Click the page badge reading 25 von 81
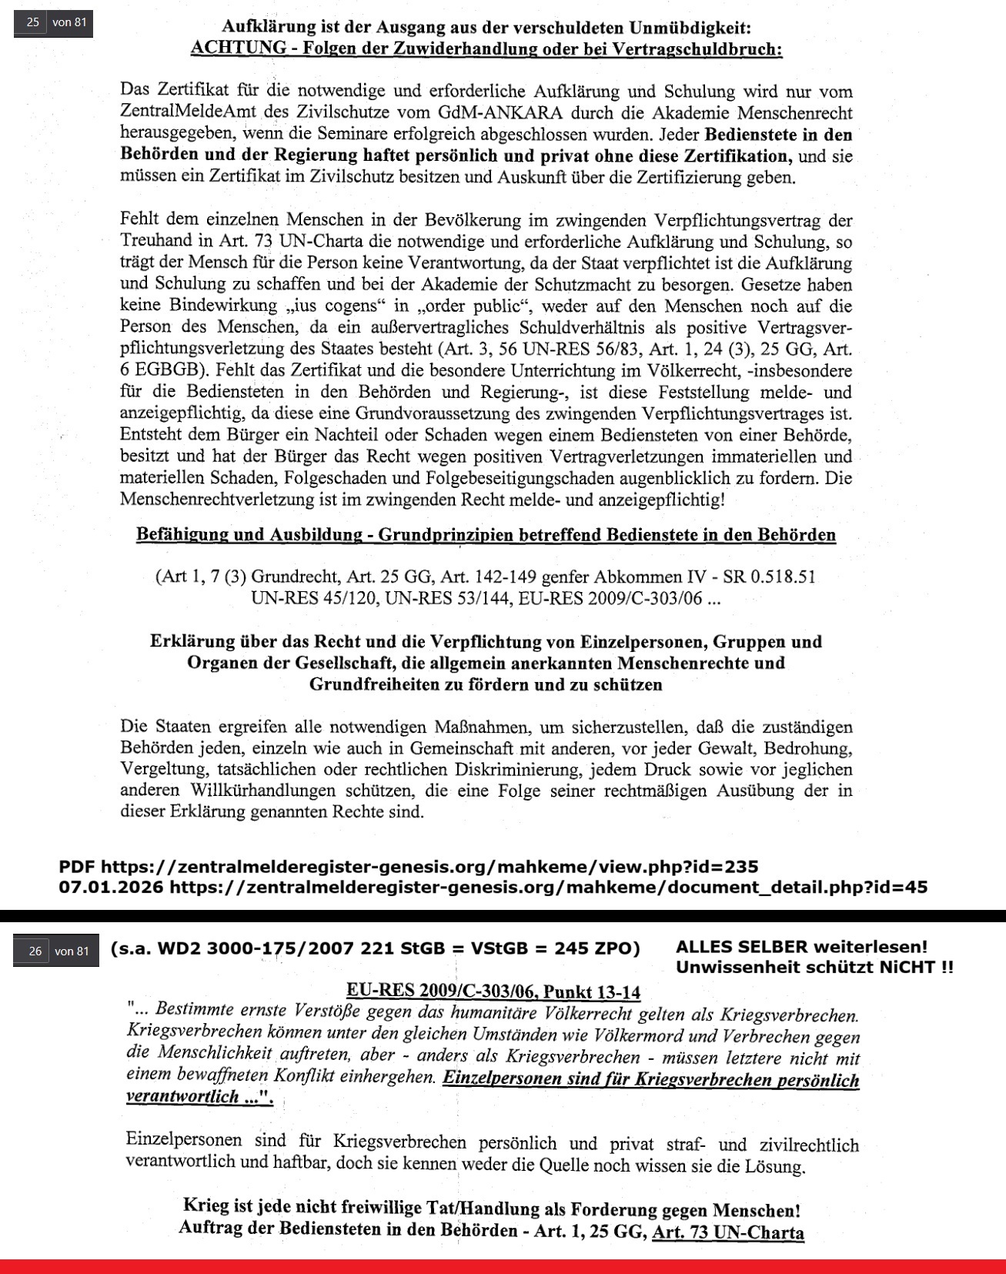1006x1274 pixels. click(x=53, y=22)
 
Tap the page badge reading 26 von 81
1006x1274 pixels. click(x=56, y=951)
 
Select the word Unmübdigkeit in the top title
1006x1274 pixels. click(x=690, y=28)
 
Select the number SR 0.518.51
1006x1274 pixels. click(x=769, y=577)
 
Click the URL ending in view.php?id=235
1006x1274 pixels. click(x=429, y=868)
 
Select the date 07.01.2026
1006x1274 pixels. click(x=111, y=888)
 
